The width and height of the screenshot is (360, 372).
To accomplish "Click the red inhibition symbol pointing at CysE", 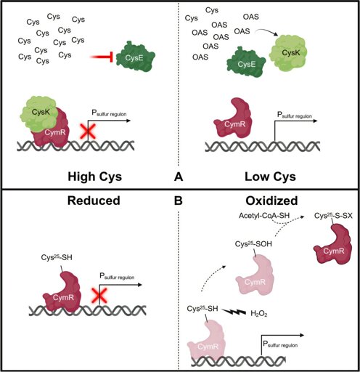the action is [x=102, y=57].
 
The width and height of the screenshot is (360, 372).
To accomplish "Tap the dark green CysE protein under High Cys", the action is [x=136, y=57].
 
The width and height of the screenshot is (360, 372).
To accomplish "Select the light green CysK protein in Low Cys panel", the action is [x=288, y=53].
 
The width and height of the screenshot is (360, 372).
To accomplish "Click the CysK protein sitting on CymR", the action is [x=38, y=114].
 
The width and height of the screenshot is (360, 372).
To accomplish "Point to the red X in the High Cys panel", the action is [x=88, y=132].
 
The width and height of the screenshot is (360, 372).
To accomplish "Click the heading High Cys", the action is [x=95, y=177].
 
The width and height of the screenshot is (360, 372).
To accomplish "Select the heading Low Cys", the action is [x=270, y=177].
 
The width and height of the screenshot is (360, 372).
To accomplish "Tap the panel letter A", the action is [x=179, y=177].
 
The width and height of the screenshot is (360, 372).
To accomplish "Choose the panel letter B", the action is [x=179, y=201].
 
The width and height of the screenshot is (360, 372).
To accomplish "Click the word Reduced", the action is [x=94, y=201].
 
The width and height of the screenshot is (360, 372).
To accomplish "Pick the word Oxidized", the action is [x=271, y=201].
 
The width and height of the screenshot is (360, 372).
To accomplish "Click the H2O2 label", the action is [x=259, y=314].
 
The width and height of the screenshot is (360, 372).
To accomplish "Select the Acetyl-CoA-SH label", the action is [x=264, y=215].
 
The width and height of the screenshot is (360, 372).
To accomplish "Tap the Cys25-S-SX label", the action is [x=333, y=215].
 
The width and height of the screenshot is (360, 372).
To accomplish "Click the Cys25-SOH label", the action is [x=253, y=244].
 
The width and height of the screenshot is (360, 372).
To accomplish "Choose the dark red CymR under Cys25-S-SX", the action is [x=333, y=245].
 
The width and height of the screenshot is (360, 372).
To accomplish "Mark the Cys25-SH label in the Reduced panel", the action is [x=57, y=257].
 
